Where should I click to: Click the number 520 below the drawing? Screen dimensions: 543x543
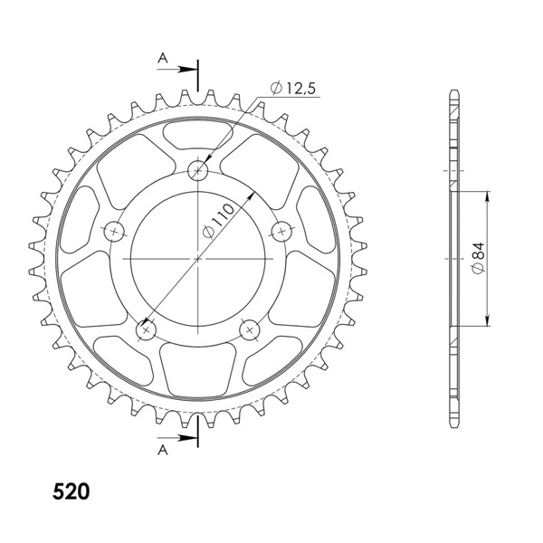coord(71,492)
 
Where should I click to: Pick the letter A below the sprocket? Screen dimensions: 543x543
coord(163,449)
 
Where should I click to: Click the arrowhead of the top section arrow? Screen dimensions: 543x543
coord(193,69)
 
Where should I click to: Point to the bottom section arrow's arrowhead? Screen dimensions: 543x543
coord(193,439)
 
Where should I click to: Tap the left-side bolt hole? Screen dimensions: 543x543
coord(115,232)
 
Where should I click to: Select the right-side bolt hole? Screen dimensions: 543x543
coord(282,232)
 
